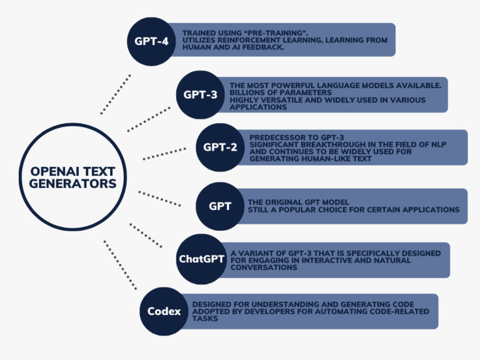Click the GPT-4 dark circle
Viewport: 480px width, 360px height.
pyautogui.click(x=152, y=41)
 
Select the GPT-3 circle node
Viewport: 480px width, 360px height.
pyautogui.click(x=201, y=95)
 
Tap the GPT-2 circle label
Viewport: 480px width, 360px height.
pyautogui.click(x=220, y=147)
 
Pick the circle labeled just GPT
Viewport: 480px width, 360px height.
pyautogui.click(x=220, y=206)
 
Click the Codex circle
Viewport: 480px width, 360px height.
pyautogui.click(x=164, y=311)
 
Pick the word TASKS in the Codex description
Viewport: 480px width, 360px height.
pyautogui.click(x=206, y=318)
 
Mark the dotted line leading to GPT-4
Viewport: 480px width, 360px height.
pyautogui.click(x=116, y=94)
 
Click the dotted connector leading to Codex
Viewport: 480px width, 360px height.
pyautogui.click(x=120, y=265)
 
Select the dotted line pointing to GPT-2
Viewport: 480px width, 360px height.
pyautogui.click(x=164, y=153)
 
